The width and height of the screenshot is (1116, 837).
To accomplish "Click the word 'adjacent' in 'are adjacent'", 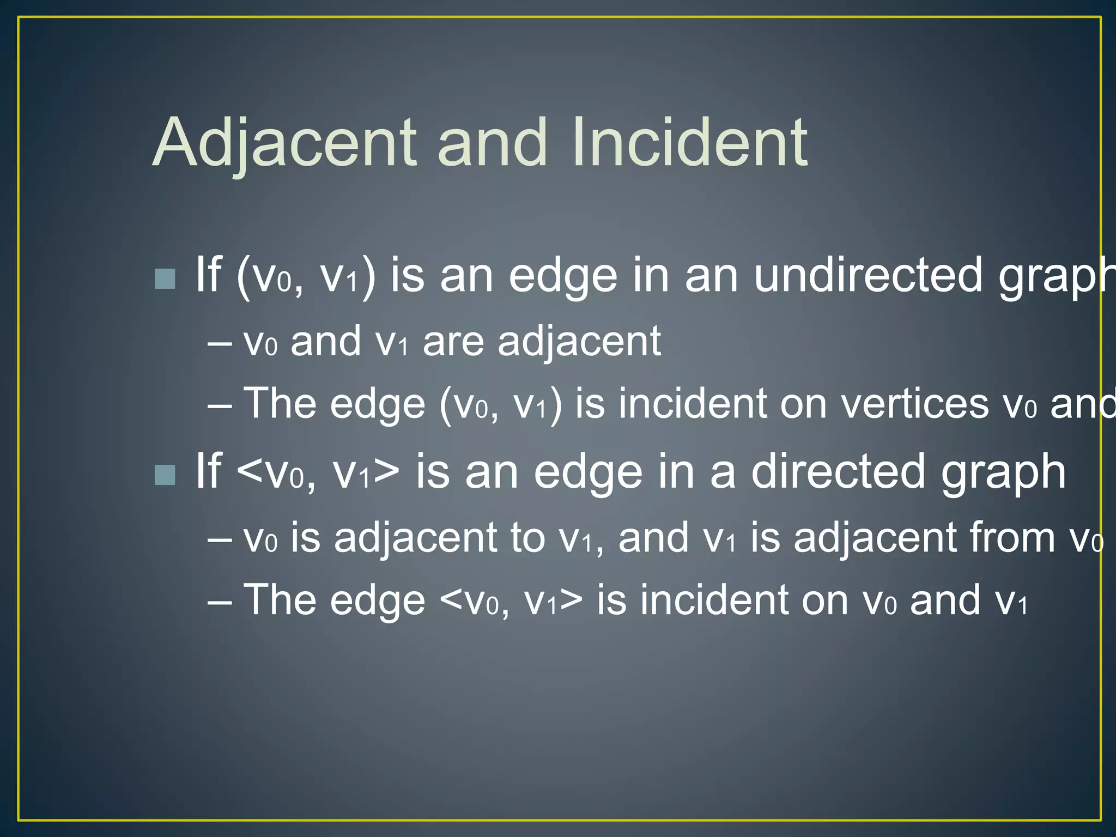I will click(x=579, y=342).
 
